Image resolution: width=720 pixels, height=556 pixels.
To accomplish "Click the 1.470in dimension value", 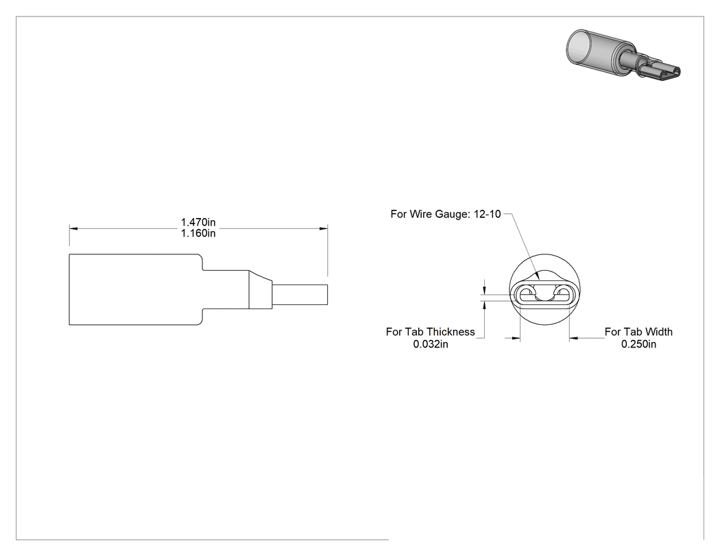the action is tap(198, 222).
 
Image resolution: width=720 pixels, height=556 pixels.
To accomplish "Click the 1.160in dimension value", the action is tap(198, 233).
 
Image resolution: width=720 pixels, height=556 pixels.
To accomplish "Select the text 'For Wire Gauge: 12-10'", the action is tap(446, 214).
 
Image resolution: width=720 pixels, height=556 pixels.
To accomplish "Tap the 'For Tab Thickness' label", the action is tap(430, 332).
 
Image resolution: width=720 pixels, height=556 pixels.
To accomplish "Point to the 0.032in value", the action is tap(430, 344).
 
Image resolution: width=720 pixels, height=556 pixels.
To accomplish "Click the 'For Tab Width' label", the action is tap(638, 332).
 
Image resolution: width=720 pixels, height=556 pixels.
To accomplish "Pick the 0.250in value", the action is tap(638, 344).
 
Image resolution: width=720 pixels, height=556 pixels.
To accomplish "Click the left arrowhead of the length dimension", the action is tap(73, 228).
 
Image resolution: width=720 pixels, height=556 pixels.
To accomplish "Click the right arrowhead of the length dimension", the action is tap(323, 228).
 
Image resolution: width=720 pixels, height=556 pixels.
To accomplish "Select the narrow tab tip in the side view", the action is tap(300, 294).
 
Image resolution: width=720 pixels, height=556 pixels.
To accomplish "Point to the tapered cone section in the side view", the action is tap(261, 289).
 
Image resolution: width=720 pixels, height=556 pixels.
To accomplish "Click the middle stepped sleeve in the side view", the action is tap(226, 289).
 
